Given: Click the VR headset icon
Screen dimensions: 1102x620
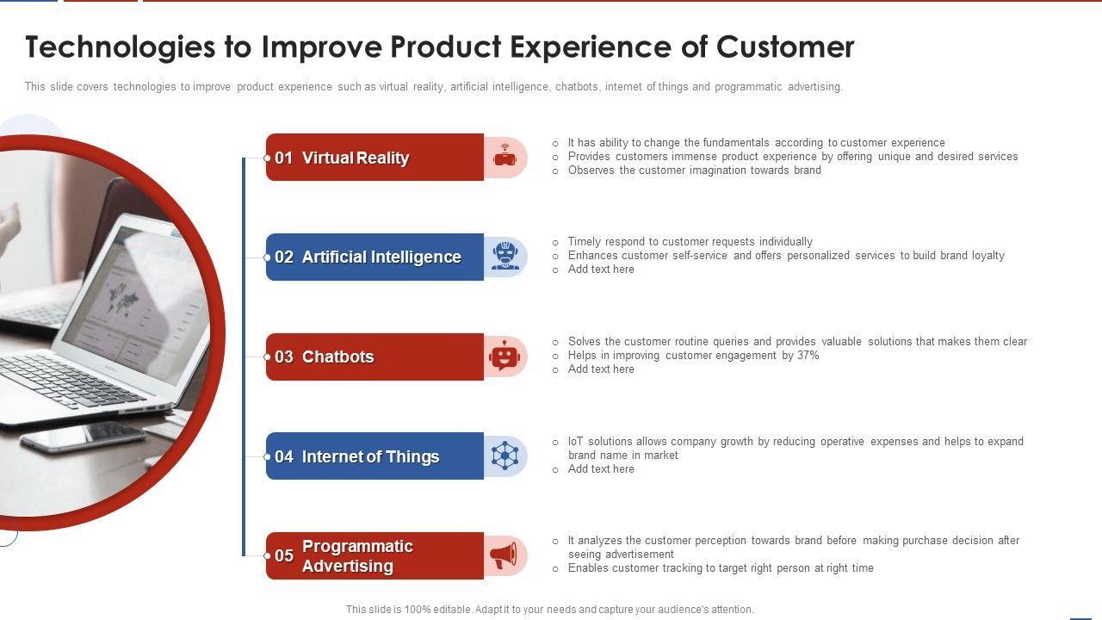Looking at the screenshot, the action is coord(505,156).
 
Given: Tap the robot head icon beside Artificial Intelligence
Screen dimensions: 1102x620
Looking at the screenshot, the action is coord(505,256).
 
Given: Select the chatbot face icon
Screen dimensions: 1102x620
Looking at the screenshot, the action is coord(505,356).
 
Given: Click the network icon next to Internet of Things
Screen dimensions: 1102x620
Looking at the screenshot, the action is coord(505,456).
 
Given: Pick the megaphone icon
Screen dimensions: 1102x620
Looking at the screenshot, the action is coord(504,555).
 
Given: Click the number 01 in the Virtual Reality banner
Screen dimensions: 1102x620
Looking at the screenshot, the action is coord(283,158).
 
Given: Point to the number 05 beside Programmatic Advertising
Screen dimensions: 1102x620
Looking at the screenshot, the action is coord(284,555).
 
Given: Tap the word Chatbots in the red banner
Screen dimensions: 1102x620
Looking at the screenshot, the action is coord(338,356).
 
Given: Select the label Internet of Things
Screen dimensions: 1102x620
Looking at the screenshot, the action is coord(370,456).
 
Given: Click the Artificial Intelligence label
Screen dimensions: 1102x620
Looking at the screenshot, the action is coord(381,257).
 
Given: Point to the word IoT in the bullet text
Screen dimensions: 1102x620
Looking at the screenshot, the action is coord(576,442).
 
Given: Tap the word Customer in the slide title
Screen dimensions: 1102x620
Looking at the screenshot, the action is coord(785,47).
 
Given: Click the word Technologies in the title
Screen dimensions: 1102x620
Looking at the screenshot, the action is coord(121,47).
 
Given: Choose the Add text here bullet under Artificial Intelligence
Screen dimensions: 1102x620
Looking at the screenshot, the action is coord(601,270).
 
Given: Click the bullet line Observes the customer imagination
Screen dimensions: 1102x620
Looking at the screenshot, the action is coord(694,170).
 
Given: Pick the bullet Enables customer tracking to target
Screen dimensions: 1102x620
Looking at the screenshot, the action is coord(721,567).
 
